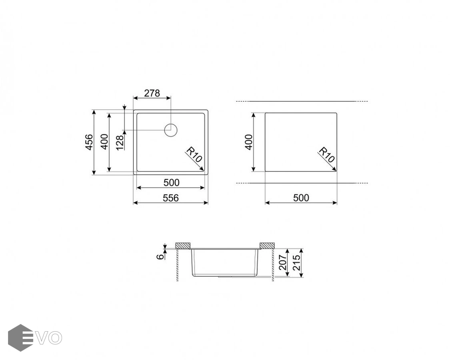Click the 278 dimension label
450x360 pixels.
coord(152,93)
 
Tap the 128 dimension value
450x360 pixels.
coord(120,142)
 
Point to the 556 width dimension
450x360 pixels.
coord(171,198)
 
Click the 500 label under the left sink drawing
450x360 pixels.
coord(171,182)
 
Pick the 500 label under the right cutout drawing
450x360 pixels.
coord(301,198)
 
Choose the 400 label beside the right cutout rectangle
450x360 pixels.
coord(248,142)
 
